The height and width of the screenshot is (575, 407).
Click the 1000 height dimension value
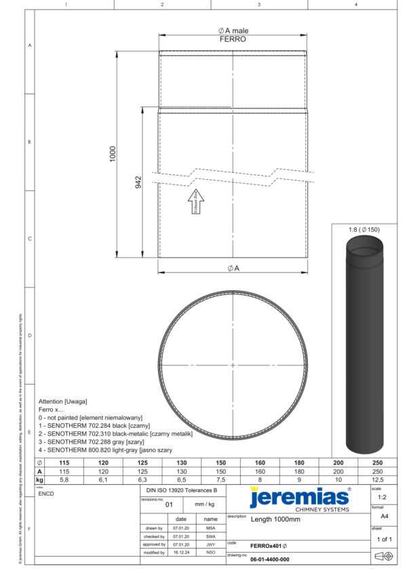point(113,154)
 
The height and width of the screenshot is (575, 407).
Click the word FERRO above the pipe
point(233,40)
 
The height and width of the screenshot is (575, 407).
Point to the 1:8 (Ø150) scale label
point(364,230)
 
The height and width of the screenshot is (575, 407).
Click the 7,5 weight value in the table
point(220,479)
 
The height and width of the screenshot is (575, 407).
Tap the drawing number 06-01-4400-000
point(269,559)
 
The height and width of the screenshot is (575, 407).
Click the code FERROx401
point(268,544)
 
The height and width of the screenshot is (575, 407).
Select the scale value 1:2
point(382,497)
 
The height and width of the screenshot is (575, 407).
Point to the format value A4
point(383,516)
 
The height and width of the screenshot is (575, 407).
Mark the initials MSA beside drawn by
point(210,527)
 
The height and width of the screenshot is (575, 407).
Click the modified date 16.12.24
point(181,553)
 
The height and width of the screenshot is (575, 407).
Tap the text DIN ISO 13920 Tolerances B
point(182,489)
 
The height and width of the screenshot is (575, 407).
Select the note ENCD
point(47,494)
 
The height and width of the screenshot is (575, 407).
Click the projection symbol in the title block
point(383,556)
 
